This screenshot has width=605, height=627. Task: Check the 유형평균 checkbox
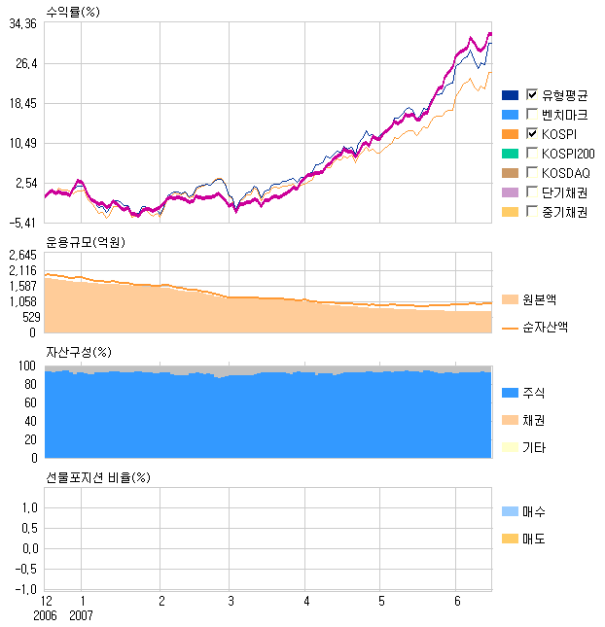[532, 94]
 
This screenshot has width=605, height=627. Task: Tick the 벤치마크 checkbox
[532, 114]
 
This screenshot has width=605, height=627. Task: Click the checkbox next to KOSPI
[532, 133]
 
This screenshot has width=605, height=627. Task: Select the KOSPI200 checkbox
[532, 153]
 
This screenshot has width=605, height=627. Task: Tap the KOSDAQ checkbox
[532, 172]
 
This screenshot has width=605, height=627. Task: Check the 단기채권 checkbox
[532, 192]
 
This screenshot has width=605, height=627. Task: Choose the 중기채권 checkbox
[532, 211]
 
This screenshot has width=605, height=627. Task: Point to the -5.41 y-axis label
[22, 223]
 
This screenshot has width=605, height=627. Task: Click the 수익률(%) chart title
[73, 11]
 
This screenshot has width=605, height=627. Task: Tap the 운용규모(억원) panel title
[86, 241]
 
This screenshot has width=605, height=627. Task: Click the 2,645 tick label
[21, 255]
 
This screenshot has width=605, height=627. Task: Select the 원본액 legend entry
[539, 299]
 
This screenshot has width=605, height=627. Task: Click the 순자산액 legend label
[545, 328]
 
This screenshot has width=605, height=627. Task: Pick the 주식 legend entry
[533, 393]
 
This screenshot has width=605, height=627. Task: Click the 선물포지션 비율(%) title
[98, 477]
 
